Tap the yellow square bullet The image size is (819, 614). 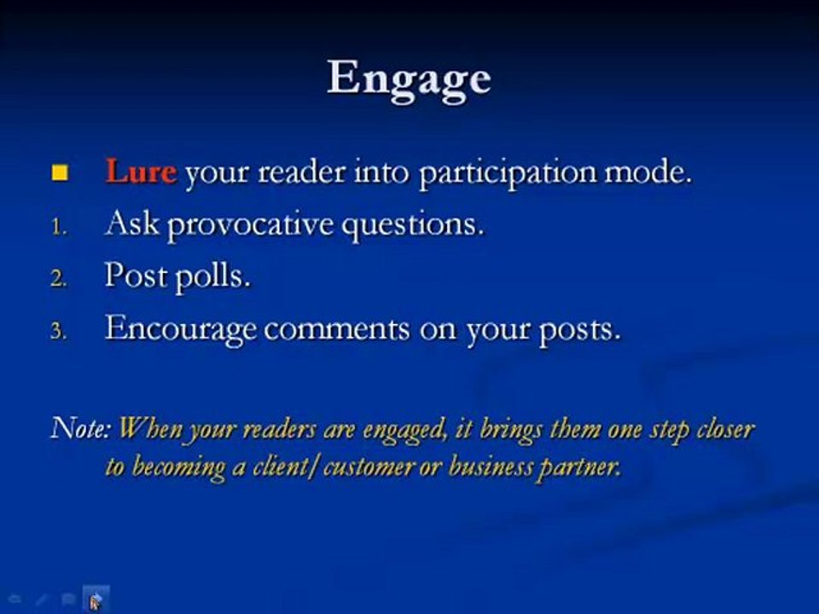pos(60,173)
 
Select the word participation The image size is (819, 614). pos(508,173)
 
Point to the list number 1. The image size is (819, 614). pos(59,227)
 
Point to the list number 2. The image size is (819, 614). pos(59,279)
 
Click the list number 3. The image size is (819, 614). pos(59,332)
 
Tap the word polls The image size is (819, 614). pos(212,275)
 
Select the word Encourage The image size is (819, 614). pos(181,331)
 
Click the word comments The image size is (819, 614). pos(337,329)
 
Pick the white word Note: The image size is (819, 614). pos(82,428)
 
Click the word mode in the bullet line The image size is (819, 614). pos(648,173)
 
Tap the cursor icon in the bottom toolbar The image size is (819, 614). pos(96,600)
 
